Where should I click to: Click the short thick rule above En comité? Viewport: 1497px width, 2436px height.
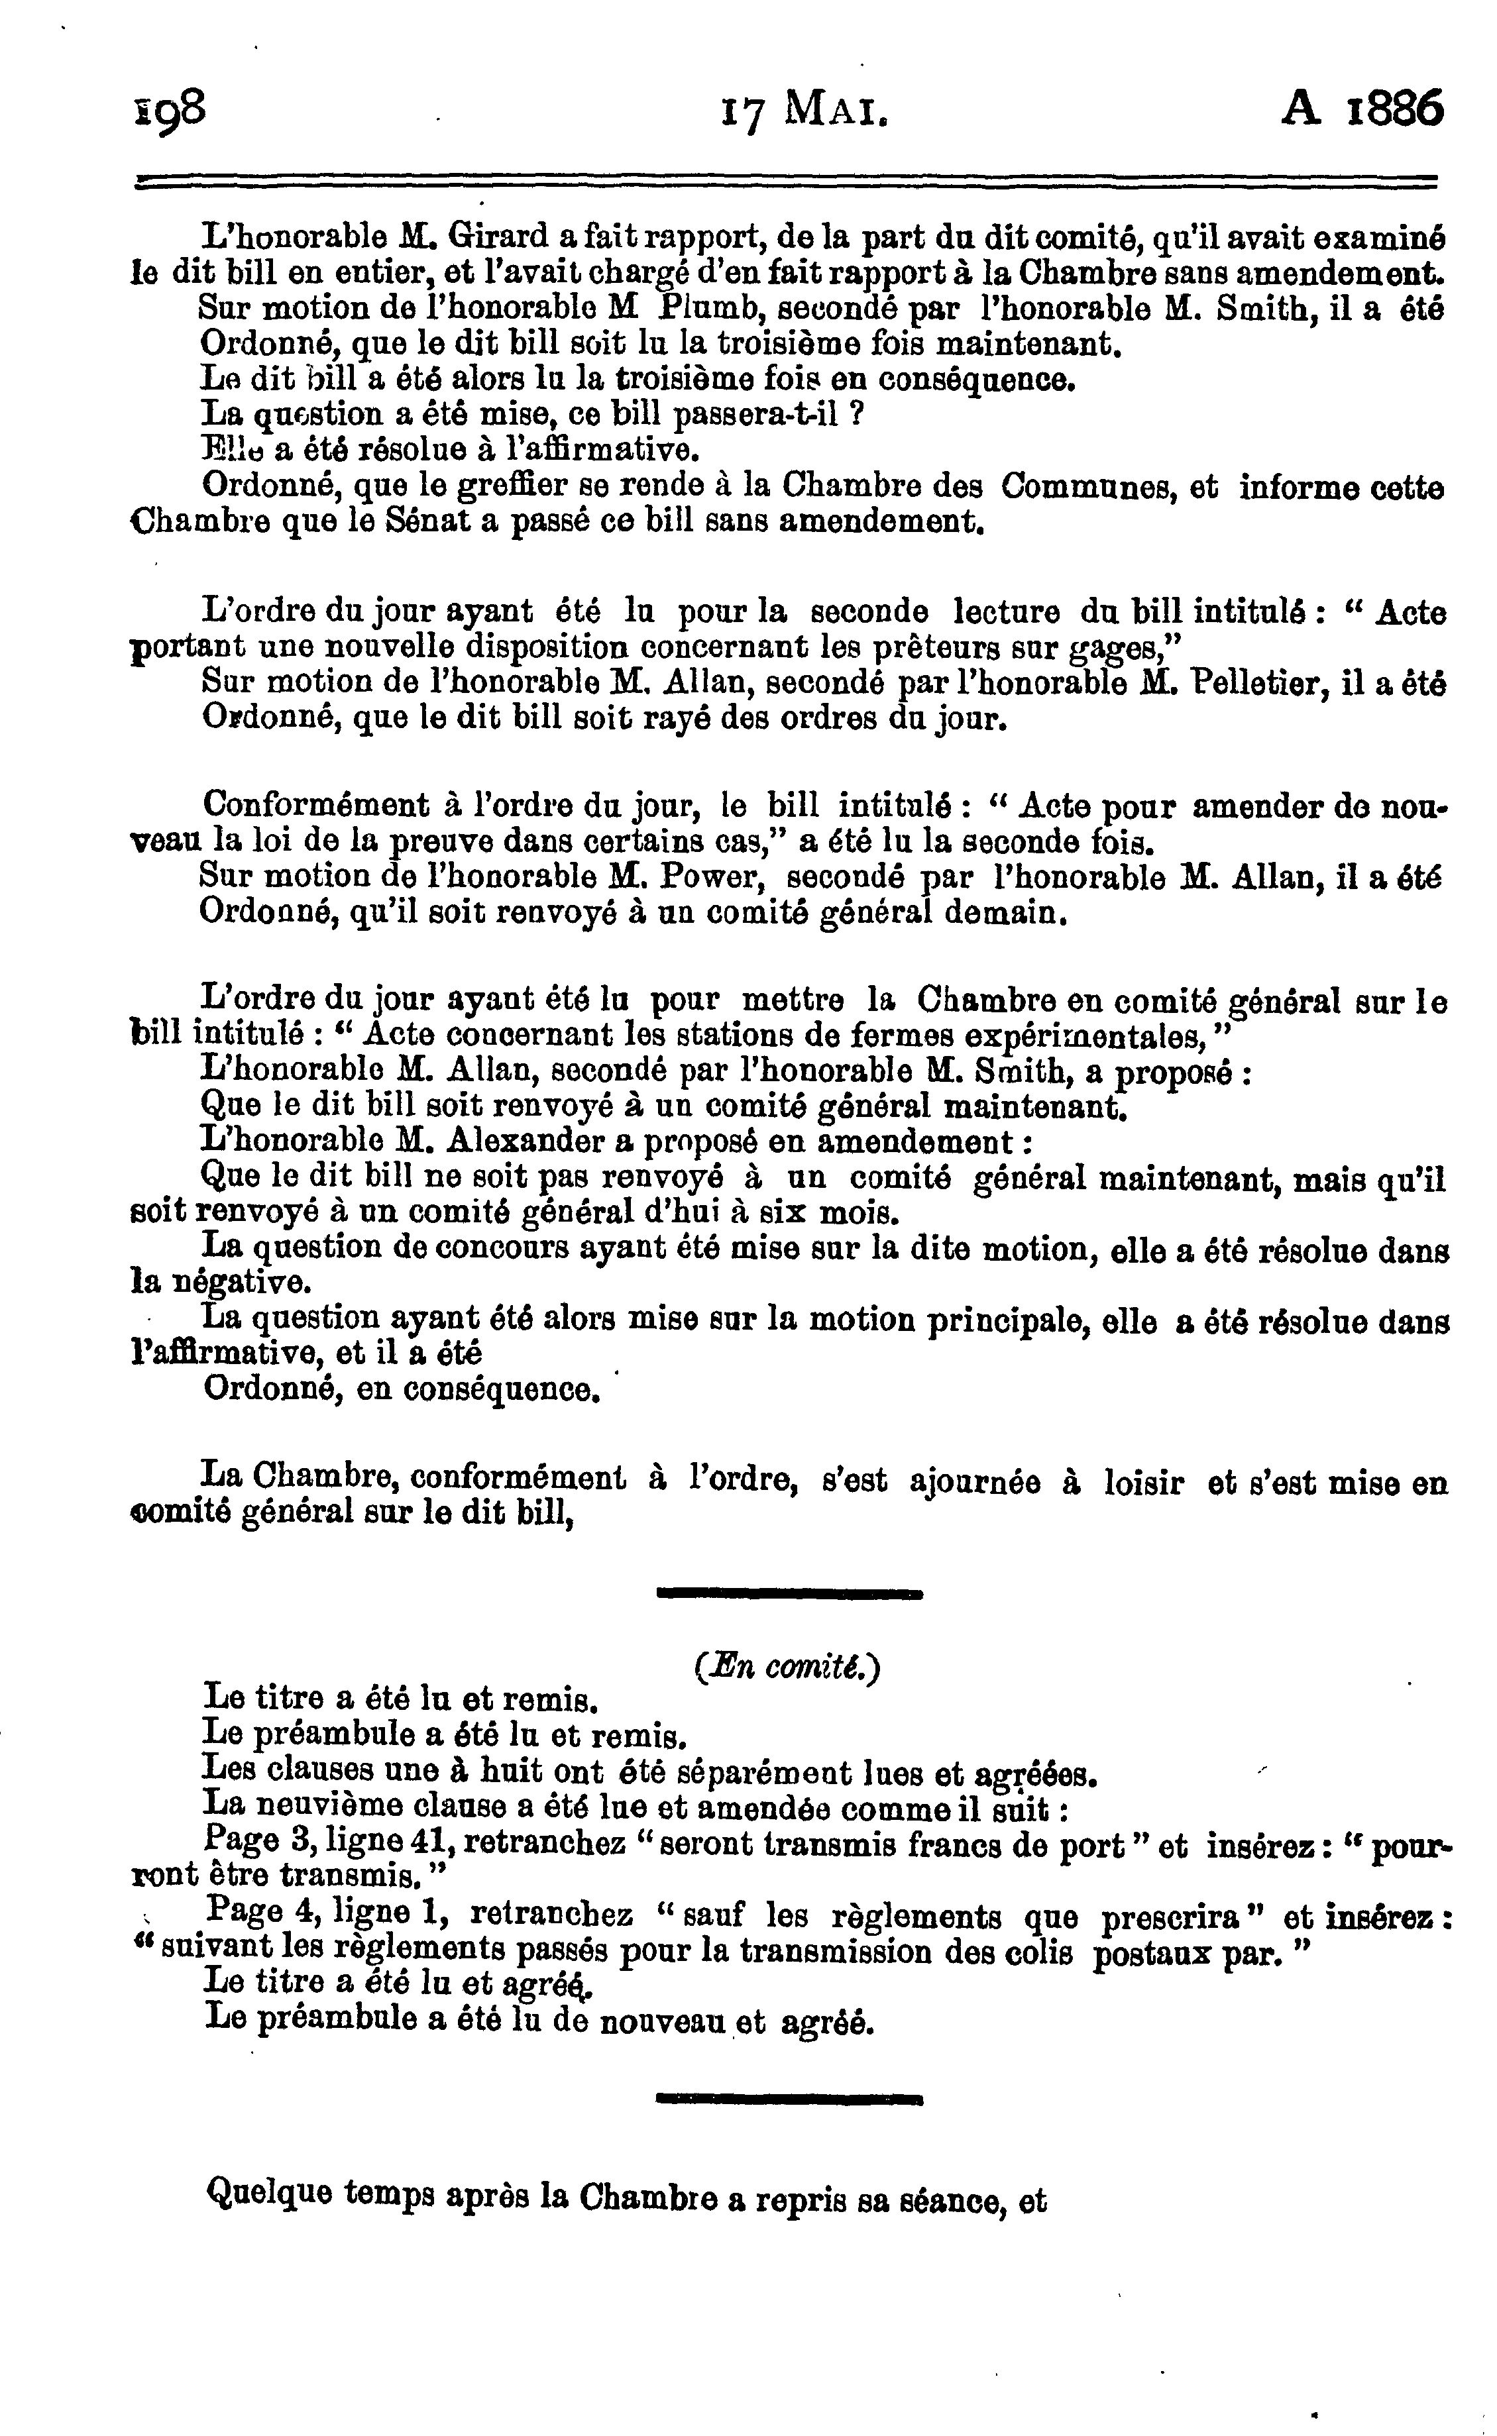click(789, 1593)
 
